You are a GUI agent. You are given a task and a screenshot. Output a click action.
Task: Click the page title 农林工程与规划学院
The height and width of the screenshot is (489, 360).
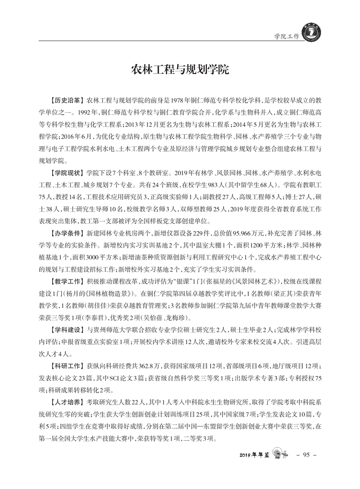(180, 70)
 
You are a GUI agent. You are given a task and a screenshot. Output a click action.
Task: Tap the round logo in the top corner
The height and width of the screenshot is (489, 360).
(310, 33)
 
